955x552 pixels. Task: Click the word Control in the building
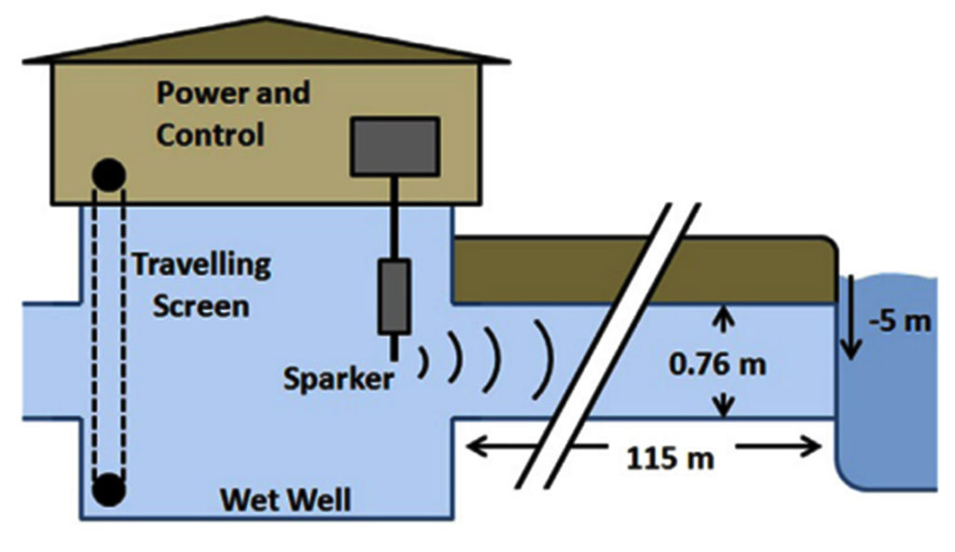(x=210, y=134)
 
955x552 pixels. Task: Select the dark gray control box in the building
(x=394, y=146)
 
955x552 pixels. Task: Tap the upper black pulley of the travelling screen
(x=109, y=175)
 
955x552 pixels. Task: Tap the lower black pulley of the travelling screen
(x=109, y=490)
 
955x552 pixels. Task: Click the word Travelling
(x=201, y=266)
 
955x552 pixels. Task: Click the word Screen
(x=201, y=306)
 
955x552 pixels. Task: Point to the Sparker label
(x=338, y=379)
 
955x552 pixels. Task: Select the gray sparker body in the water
(x=394, y=297)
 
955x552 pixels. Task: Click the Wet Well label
(x=285, y=500)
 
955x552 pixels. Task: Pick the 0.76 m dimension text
(x=717, y=365)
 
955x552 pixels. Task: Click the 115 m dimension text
(x=670, y=458)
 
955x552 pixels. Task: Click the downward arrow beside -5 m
(x=851, y=317)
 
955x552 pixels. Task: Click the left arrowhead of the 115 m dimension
(x=477, y=448)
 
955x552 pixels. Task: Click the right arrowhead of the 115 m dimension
(x=811, y=447)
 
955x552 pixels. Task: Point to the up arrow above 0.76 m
(x=723, y=319)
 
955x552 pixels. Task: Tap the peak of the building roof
(x=267, y=19)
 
